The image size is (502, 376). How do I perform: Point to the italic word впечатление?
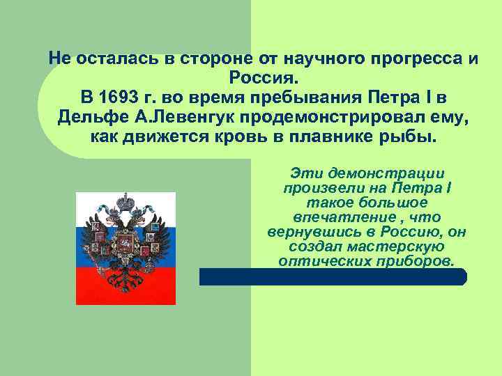pyautogui.click(x=349, y=218)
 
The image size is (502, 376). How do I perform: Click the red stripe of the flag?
pyautogui.click(x=125, y=285)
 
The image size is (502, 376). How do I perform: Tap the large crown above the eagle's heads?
pyautogui.click(x=125, y=203)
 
